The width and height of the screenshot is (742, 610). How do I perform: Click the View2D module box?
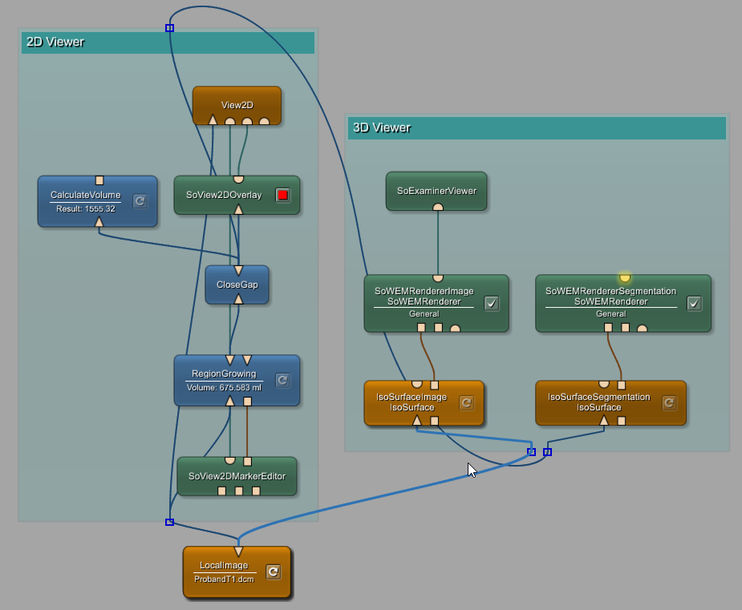tap(237, 103)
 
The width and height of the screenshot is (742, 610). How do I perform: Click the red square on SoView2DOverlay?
tap(282, 195)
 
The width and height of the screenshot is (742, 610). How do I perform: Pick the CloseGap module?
tap(237, 285)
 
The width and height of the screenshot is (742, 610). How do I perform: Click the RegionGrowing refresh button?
tap(282, 380)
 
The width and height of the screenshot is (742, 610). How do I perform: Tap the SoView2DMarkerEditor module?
tap(237, 476)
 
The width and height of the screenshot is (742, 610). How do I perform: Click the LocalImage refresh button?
tap(273, 572)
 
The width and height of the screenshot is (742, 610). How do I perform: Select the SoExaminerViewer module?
tap(436, 191)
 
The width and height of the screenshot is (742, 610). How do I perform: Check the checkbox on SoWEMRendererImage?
tap(492, 303)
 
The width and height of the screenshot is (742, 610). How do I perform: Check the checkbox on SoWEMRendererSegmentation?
tap(695, 303)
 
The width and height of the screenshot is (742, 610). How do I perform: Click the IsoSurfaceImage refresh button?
tap(466, 402)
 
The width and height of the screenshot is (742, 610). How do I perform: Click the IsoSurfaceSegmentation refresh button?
tap(669, 402)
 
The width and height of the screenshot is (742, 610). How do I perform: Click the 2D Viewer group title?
tap(55, 42)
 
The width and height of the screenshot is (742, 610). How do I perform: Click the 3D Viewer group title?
tap(382, 127)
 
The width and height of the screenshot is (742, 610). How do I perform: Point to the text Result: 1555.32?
tap(86, 209)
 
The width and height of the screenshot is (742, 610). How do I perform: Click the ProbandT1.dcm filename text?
tap(224, 579)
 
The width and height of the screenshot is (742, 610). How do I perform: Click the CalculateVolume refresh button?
tap(140, 200)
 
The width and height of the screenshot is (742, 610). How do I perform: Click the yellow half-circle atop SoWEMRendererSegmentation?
tap(624, 278)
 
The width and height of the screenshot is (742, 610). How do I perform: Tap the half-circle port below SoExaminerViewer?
tap(438, 207)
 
